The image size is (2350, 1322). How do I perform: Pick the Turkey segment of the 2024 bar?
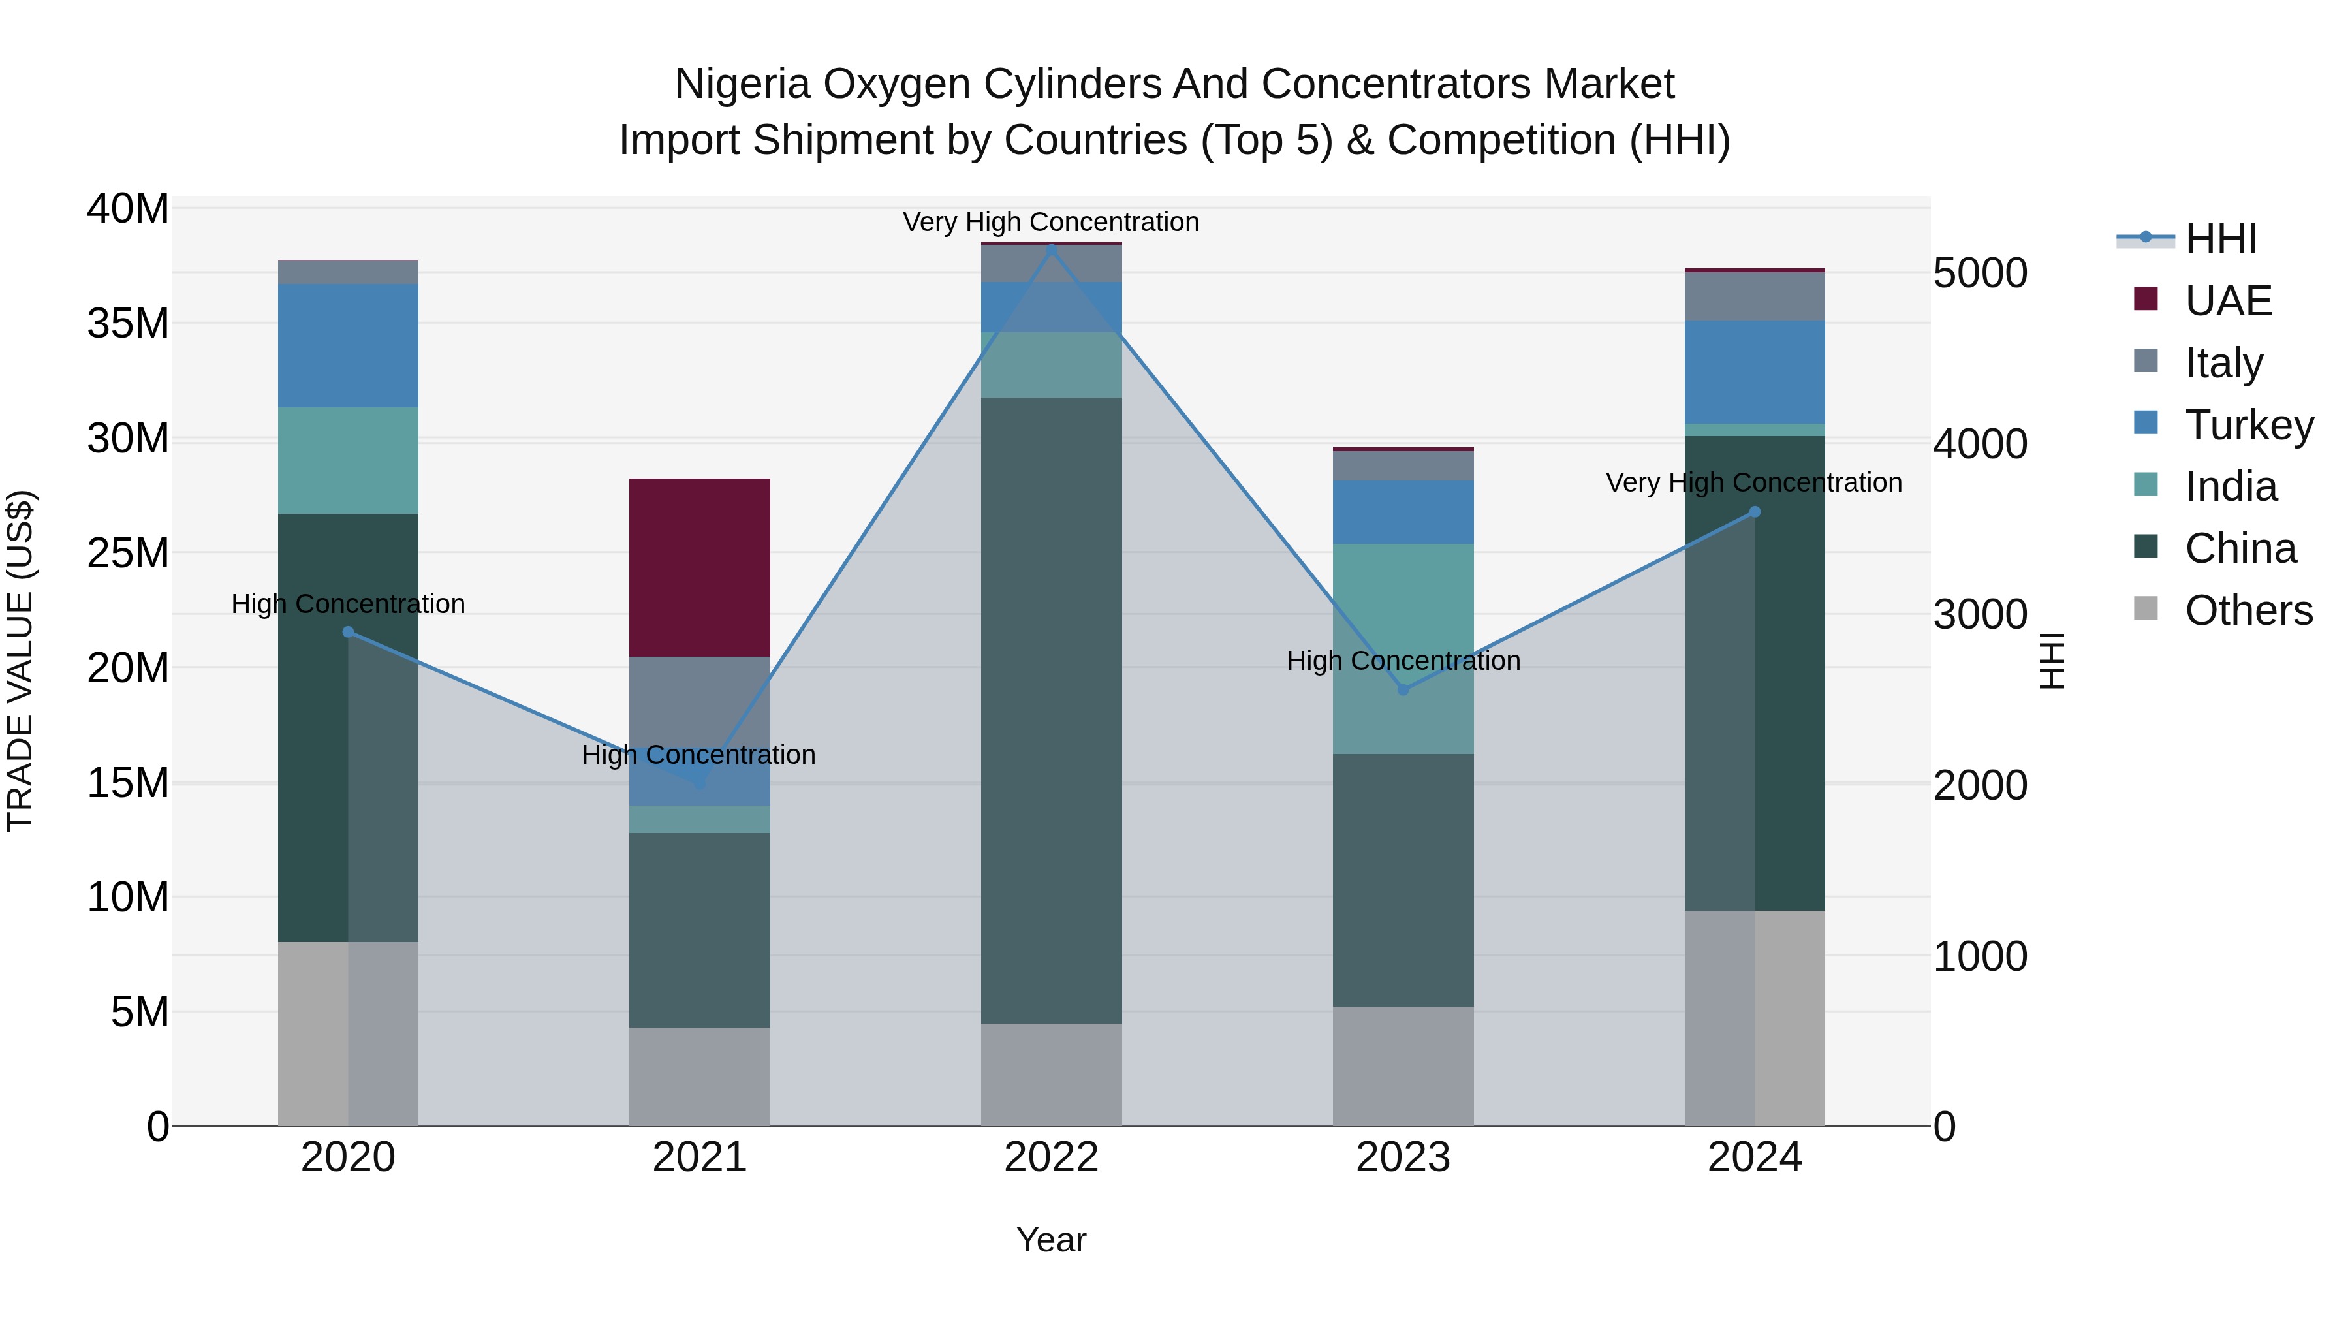(x=1754, y=371)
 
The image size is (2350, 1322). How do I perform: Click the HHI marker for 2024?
(x=1754, y=512)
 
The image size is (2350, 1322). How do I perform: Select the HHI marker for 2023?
(x=1403, y=690)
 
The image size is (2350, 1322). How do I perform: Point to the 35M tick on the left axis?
(x=128, y=323)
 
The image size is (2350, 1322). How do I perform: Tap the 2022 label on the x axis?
(x=1051, y=1157)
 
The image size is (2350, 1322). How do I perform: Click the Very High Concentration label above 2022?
(x=1051, y=222)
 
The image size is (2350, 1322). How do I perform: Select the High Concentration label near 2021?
(x=698, y=755)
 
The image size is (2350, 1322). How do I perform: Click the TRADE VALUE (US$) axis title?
(x=20, y=661)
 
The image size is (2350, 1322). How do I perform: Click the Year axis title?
(x=1051, y=1240)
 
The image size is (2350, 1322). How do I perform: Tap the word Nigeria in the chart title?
(x=743, y=84)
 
